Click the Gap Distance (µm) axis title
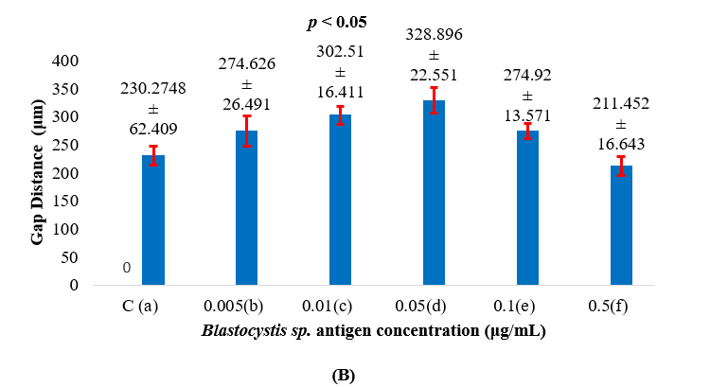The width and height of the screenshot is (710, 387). pyautogui.click(x=38, y=174)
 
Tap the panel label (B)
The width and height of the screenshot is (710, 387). pyautogui.click(x=343, y=376)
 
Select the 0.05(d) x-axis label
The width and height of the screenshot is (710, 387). pyautogui.click(x=434, y=308)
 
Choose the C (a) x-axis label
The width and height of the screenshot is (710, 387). pyautogui.click(x=152, y=308)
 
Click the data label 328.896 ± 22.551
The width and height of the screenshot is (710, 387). pyautogui.click(x=434, y=59)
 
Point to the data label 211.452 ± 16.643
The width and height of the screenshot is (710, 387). pyautogui.click(x=621, y=118)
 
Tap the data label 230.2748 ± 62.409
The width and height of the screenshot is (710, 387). pyautogui.click(x=152, y=109)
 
